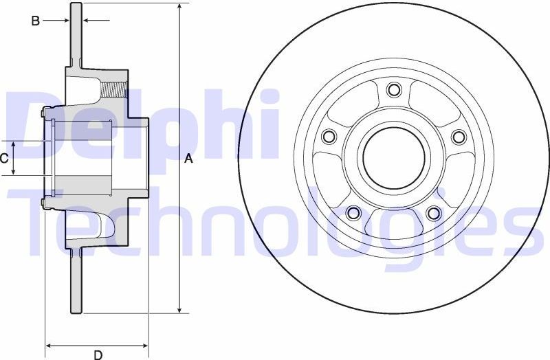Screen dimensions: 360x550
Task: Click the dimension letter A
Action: pyautogui.click(x=189, y=159)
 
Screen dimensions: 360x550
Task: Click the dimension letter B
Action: pyautogui.click(x=35, y=21)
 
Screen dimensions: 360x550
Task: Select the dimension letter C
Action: pyautogui.click(x=5, y=159)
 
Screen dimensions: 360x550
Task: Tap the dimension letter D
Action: pyautogui.click(x=98, y=355)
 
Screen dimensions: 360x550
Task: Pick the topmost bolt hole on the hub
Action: pyautogui.click(x=393, y=89)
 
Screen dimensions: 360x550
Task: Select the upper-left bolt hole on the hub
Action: pyautogui.click(x=329, y=137)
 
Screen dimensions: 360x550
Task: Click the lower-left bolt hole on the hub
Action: pyautogui.click(x=353, y=213)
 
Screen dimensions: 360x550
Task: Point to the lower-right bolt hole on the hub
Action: pyautogui.click(x=433, y=213)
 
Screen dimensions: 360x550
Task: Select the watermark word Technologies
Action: pyautogui.click(x=275, y=220)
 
